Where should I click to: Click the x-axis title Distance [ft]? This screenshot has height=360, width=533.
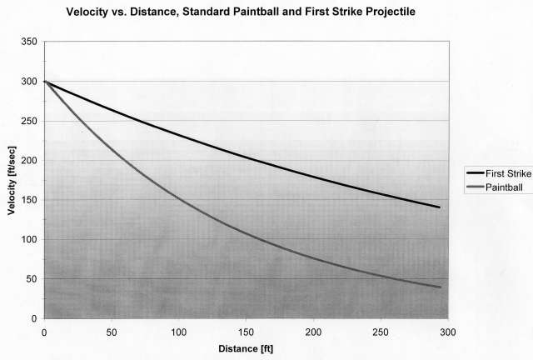tap(245, 347)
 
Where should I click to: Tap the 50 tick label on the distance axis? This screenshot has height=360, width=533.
tap(112, 331)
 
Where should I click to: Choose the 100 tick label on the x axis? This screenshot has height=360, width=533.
tap(178, 331)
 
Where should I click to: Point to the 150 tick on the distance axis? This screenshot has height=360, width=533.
tap(246, 331)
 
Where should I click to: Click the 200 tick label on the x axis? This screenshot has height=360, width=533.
tap(313, 331)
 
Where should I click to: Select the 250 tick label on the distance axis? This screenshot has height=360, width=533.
tap(381, 331)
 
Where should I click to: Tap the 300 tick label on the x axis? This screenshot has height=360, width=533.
tap(448, 331)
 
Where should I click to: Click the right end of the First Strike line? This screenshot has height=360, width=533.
tap(440, 207)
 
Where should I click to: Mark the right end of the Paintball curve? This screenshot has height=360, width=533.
tap(440, 287)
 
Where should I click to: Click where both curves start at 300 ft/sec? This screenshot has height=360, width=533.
tap(44, 81)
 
